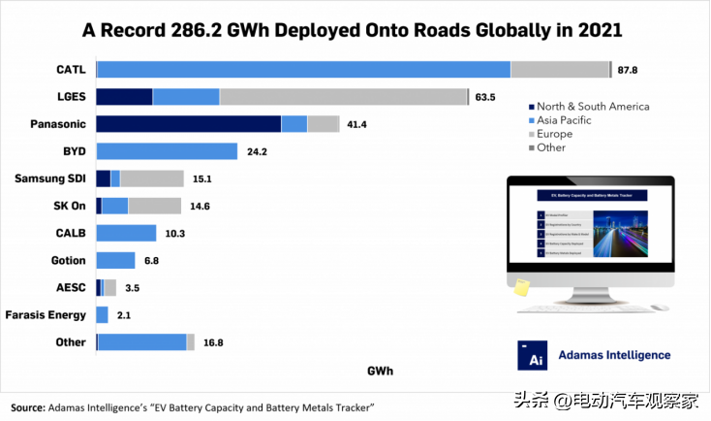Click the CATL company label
pyautogui.click(x=71, y=69)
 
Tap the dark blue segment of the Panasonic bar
pyautogui.click(x=188, y=124)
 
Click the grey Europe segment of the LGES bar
pyautogui.click(x=344, y=97)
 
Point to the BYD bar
pyautogui.click(x=167, y=151)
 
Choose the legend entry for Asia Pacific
pyautogui.click(x=564, y=120)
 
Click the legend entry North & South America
pyautogui.click(x=592, y=107)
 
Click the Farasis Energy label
pyautogui.click(x=46, y=315)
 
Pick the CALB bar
pyautogui.click(x=126, y=233)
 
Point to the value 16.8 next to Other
pyautogui.click(x=212, y=342)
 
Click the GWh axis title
pyautogui.click(x=380, y=372)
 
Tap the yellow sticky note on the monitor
pyautogui.click(x=521, y=287)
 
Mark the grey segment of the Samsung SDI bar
pyautogui.click(x=152, y=178)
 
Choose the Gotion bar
pyautogui.click(x=115, y=260)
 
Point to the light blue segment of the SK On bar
pyautogui.click(x=115, y=206)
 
